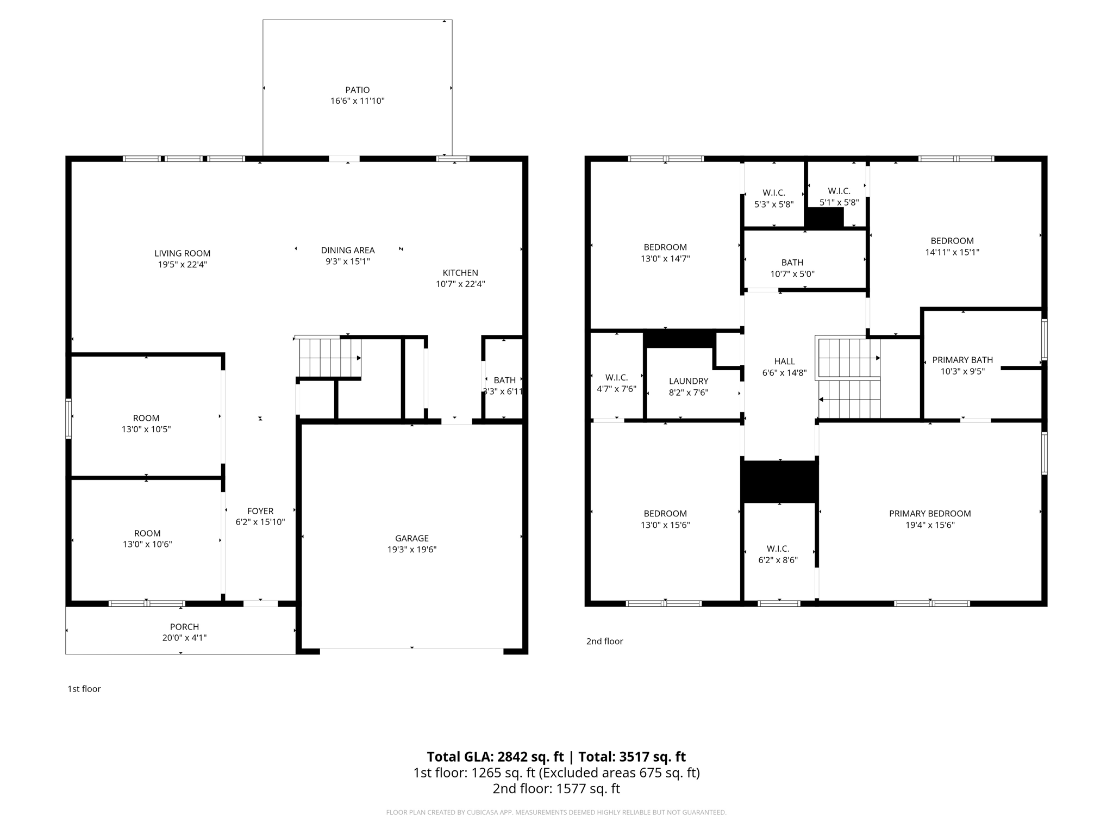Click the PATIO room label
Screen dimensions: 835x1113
[x=357, y=90]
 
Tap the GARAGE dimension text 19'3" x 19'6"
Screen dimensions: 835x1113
[x=411, y=549]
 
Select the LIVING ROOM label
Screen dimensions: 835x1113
[x=182, y=253]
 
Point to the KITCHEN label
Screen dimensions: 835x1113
[x=460, y=273]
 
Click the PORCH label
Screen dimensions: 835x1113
[x=184, y=627]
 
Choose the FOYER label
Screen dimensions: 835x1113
[x=260, y=511]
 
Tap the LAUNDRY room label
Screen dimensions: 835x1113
[x=688, y=381]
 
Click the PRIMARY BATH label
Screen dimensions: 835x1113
[x=962, y=360]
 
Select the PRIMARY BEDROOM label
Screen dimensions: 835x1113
[x=929, y=514]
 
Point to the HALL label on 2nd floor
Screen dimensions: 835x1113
[x=784, y=362]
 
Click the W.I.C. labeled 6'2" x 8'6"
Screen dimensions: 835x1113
[x=778, y=549]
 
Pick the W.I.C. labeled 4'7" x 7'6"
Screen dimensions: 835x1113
[x=616, y=377]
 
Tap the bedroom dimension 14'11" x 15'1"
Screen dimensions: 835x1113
[x=952, y=252]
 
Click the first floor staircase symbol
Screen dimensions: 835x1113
[x=329, y=358]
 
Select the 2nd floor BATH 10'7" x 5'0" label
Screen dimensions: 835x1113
[x=792, y=263]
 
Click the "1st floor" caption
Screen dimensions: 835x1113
[x=84, y=689]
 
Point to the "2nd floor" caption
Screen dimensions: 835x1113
[x=604, y=641]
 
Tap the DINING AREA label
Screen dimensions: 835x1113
[x=347, y=250]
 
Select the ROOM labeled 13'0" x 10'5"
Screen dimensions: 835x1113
[x=146, y=418]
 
